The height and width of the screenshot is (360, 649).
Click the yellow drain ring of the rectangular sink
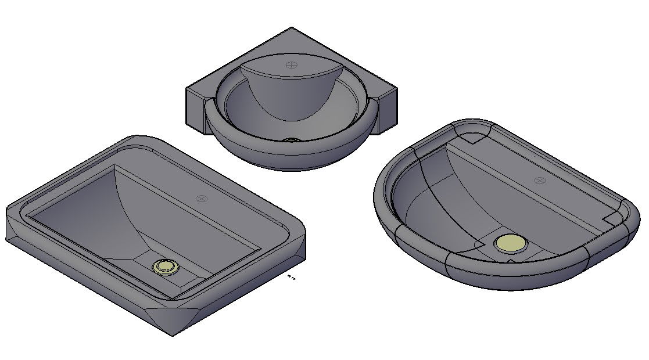click(x=166, y=267)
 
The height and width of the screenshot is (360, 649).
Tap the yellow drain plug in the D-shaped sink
click(x=511, y=243)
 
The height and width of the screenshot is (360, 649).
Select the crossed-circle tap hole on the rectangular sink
click(x=202, y=199)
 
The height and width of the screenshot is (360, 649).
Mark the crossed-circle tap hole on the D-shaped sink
click(x=540, y=181)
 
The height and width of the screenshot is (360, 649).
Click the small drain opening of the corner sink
click(x=291, y=140)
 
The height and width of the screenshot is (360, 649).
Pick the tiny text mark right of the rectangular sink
click(x=292, y=278)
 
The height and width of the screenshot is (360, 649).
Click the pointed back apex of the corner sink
click(x=292, y=29)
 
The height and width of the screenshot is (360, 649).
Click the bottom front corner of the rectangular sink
click(x=172, y=334)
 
